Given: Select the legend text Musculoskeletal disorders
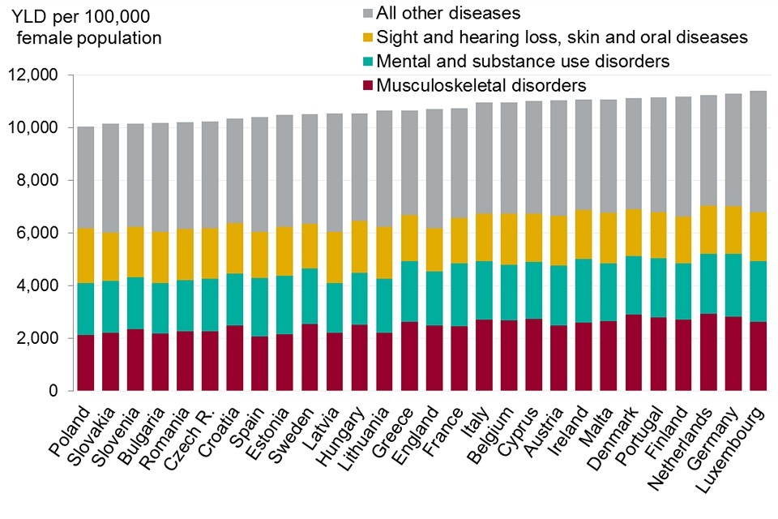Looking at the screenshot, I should point(481,85).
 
